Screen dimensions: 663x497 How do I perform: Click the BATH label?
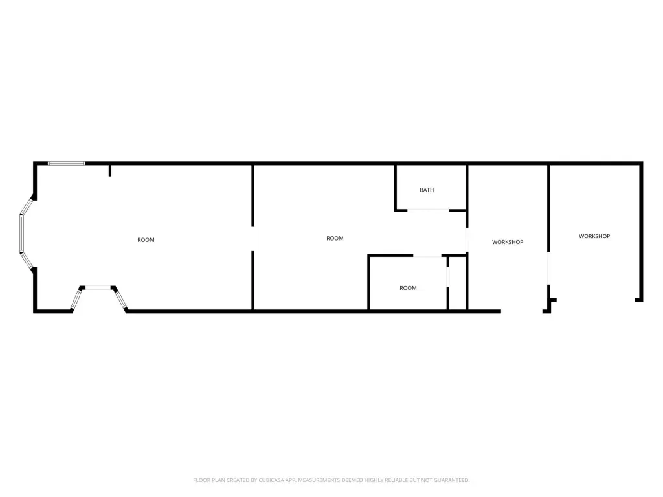coord(427,190)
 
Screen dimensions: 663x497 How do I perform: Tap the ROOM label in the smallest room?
coord(408,288)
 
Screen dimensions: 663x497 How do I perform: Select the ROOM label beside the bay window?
coord(146,239)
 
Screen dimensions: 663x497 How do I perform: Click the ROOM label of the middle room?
coord(335,238)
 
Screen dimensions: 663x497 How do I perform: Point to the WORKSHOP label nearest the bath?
coord(508,242)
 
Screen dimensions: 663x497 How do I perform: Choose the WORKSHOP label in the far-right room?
coord(594,236)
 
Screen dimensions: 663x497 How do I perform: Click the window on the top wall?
coord(67,163)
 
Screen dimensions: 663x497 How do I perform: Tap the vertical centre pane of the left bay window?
coord(21,234)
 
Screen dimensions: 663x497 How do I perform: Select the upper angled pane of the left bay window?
coord(27,206)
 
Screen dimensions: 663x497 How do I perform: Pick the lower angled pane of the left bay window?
coord(27,261)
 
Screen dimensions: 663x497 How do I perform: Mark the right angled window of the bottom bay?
coord(120,299)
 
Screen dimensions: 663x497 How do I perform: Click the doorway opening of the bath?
coord(428,210)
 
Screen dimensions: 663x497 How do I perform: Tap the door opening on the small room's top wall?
coord(427,256)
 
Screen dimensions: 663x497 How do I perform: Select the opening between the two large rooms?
coord(253,239)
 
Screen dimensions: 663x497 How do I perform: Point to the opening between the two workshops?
coord(548,268)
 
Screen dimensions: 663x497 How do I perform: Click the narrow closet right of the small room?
coord(458,283)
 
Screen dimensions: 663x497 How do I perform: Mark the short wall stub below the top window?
coord(110,170)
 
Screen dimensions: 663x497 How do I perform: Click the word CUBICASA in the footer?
coord(271,480)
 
